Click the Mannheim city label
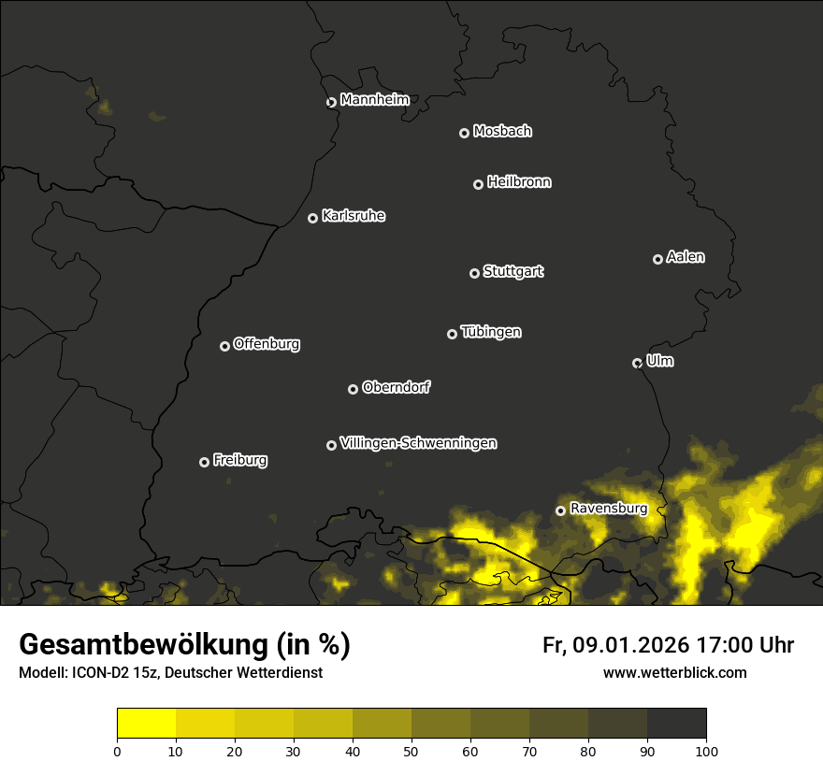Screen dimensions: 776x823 click(x=374, y=100)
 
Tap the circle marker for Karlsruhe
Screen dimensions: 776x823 click(x=312, y=218)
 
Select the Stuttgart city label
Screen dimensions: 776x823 click(x=513, y=271)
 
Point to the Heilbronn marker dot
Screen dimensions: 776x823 click(x=478, y=184)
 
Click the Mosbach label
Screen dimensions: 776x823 click(x=502, y=132)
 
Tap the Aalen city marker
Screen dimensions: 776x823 click(x=657, y=259)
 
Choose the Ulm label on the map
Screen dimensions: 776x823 click(x=659, y=361)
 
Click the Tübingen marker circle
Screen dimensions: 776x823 click(x=452, y=334)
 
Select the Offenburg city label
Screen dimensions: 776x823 click(x=267, y=344)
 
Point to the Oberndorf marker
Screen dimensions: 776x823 click(x=353, y=389)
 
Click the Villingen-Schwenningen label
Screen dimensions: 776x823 click(x=418, y=443)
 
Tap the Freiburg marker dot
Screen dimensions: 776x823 click(x=204, y=462)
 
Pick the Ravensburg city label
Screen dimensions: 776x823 click(x=608, y=509)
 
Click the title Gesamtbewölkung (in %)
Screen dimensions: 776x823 click(x=184, y=645)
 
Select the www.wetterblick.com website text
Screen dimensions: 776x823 click(x=674, y=673)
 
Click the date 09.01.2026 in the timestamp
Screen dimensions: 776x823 click(x=631, y=645)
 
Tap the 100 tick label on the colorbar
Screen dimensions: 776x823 click(x=706, y=750)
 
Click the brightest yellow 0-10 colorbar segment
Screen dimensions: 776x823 click(x=147, y=723)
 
